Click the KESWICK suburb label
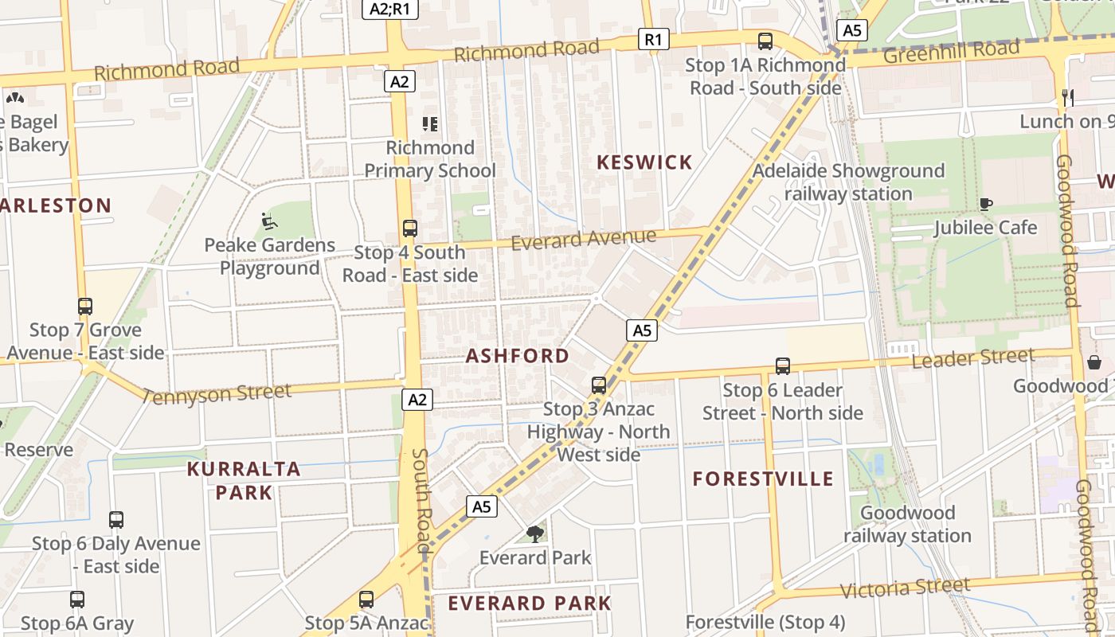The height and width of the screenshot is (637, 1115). pos(644,162)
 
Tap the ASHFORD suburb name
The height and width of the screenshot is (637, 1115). pos(518,356)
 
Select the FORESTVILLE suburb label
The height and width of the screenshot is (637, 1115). pos(763,479)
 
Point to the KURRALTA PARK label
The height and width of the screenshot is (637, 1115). pos(244,481)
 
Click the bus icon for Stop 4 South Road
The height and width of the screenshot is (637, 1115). pos(410,229)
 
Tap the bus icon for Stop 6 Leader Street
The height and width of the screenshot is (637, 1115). pos(783,366)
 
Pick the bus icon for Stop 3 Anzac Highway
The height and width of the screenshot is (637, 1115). pos(599,385)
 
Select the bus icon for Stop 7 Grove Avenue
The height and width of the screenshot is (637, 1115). pos(85,306)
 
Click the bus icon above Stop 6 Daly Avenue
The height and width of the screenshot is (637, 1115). pos(116,520)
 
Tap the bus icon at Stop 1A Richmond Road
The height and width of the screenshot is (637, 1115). pos(765,41)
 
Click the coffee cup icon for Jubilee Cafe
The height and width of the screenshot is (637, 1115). pos(986,204)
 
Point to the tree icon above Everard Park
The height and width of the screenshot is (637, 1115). pos(535,533)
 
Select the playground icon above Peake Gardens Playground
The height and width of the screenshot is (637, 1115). pos(269,221)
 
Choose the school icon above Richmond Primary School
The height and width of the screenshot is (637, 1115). pos(430,123)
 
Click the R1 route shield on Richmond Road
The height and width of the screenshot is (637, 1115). pos(654,39)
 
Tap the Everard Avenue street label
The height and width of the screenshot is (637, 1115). pos(583,239)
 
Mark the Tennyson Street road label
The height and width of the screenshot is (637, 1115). pos(217,393)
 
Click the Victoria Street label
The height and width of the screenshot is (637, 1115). pos(906,588)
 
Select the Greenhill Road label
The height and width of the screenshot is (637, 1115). pos(951,52)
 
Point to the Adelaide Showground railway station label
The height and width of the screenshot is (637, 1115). pos(848,182)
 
